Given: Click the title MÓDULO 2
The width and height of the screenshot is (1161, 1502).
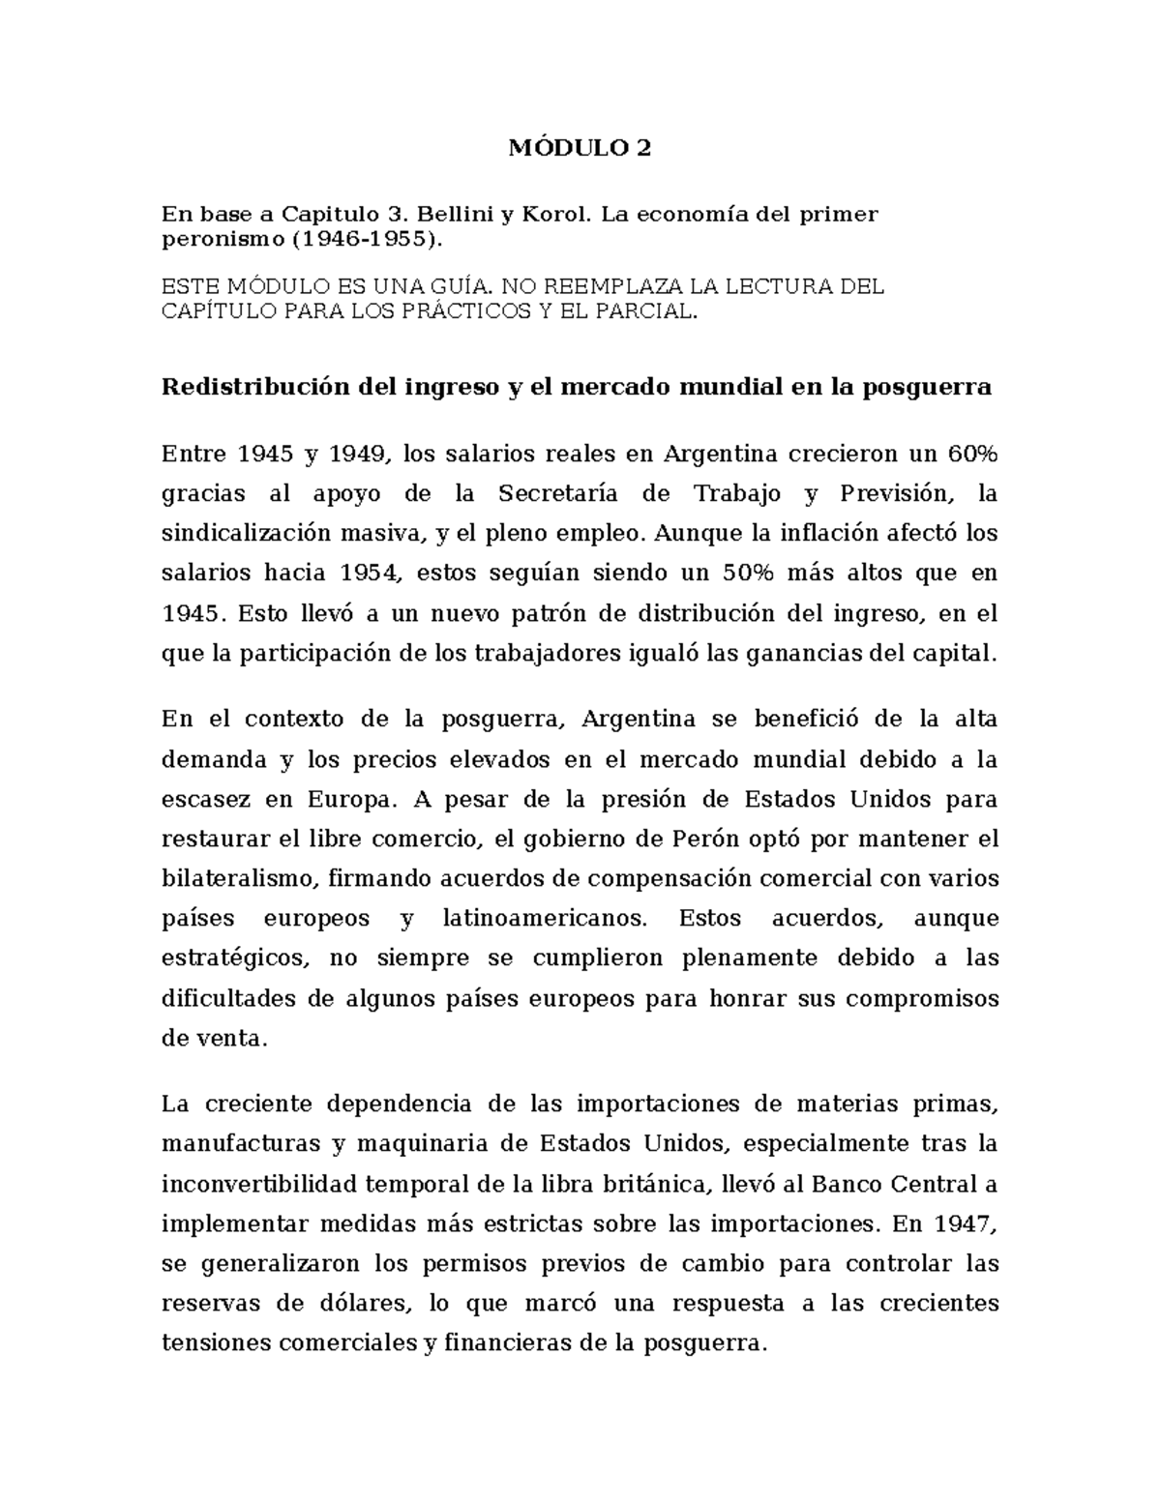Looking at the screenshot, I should pos(580,148).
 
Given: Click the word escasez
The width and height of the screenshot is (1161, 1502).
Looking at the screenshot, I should pos(200,800).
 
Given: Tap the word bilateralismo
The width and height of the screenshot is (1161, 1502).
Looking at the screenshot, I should pos(238,879).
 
